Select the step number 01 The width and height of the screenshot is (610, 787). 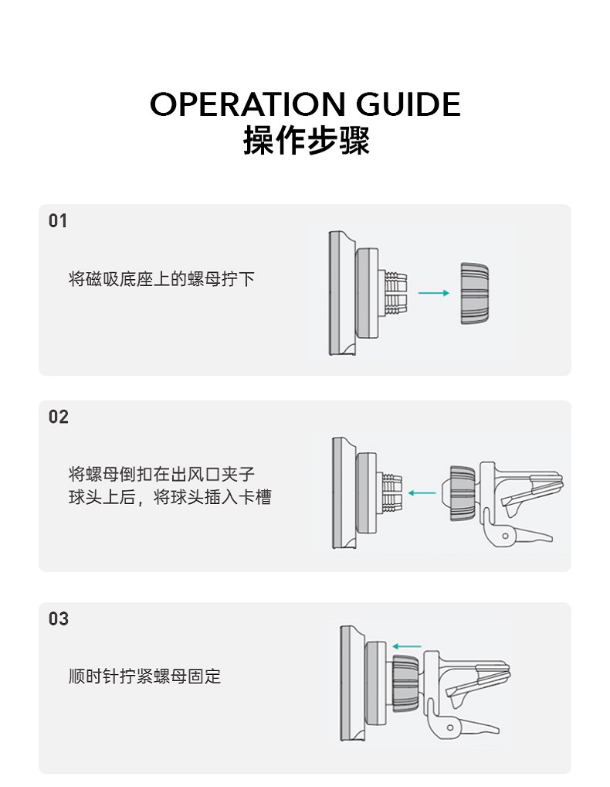pyautogui.click(x=58, y=221)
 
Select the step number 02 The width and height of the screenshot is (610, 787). pyautogui.click(x=58, y=417)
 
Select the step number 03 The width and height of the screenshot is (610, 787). pyautogui.click(x=58, y=619)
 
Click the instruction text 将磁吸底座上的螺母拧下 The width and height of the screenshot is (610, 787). pyautogui.click(x=161, y=279)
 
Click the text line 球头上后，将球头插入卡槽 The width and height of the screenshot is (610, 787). pyautogui.click(x=170, y=497)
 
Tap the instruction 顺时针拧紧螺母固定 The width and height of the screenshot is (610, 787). pyautogui.click(x=144, y=676)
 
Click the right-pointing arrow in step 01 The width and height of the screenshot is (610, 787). pyautogui.click(x=433, y=293)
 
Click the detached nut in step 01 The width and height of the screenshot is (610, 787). pyautogui.click(x=474, y=293)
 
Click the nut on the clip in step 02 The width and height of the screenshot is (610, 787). pyautogui.click(x=462, y=493)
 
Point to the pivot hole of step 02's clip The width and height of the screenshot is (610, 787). pyautogui.click(x=505, y=535)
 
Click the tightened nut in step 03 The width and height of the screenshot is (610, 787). pyautogui.click(x=405, y=683)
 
